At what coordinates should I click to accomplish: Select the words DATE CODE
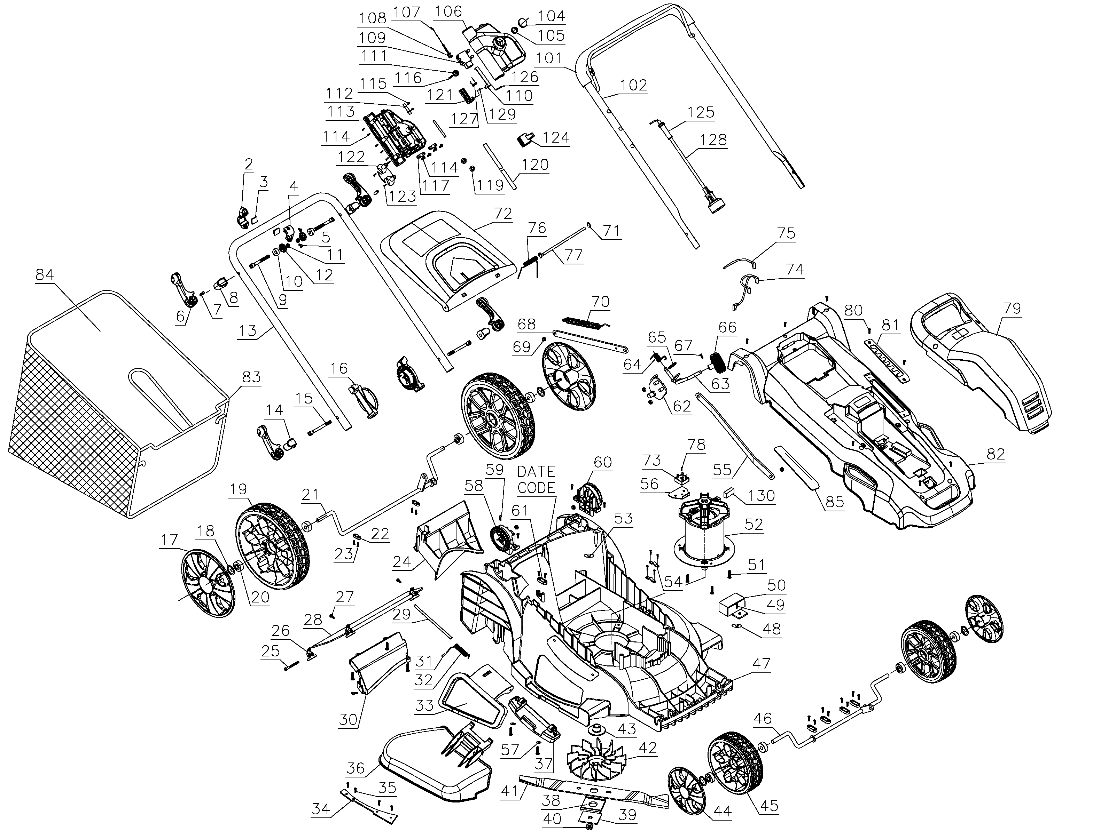click(536, 480)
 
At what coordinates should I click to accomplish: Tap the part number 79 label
click(1012, 309)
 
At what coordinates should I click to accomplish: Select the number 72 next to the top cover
click(502, 214)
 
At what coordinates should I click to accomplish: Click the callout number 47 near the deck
click(761, 663)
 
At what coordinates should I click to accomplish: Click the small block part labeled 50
click(731, 606)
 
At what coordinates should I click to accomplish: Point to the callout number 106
click(449, 11)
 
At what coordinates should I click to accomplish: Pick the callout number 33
click(424, 705)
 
